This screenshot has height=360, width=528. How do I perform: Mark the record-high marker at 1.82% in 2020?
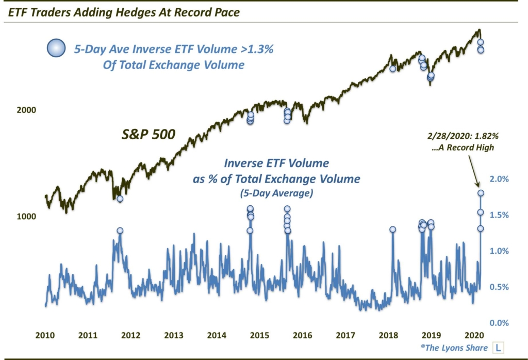pos(481,193)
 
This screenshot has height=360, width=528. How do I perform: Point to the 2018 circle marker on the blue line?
pos(393,230)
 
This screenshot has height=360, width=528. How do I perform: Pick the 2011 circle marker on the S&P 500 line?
pos(120,199)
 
